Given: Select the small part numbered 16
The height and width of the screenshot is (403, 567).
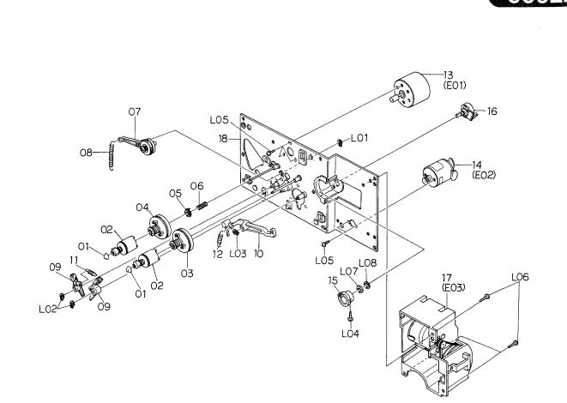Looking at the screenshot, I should pyautogui.click(x=467, y=111).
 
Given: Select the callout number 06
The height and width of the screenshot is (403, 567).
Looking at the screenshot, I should pyautogui.click(x=196, y=186).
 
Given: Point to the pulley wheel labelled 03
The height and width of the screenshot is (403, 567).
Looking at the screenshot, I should pyautogui.click(x=182, y=243).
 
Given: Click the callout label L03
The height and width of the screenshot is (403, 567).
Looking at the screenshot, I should pyautogui.click(x=238, y=253).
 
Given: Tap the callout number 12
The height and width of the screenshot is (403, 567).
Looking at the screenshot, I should pyautogui.click(x=217, y=253).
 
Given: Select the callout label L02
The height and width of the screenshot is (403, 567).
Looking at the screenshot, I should pyautogui.click(x=48, y=310).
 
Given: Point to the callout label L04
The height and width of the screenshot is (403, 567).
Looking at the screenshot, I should pyautogui.click(x=349, y=334).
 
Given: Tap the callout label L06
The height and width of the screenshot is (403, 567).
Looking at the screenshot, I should pyautogui.click(x=520, y=277).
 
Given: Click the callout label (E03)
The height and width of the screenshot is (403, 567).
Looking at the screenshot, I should pyautogui.click(x=454, y=288).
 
